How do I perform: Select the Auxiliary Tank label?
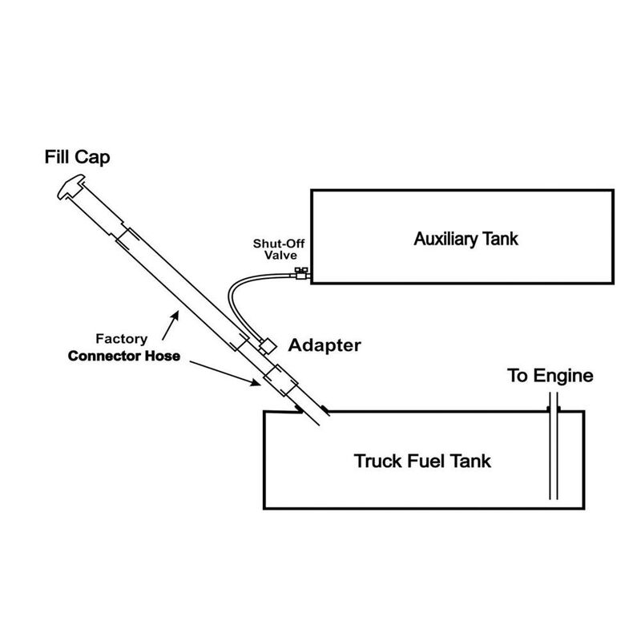click(466, 238)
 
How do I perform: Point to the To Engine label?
click(550, 376)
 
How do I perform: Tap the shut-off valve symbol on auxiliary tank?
click(301, 274)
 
